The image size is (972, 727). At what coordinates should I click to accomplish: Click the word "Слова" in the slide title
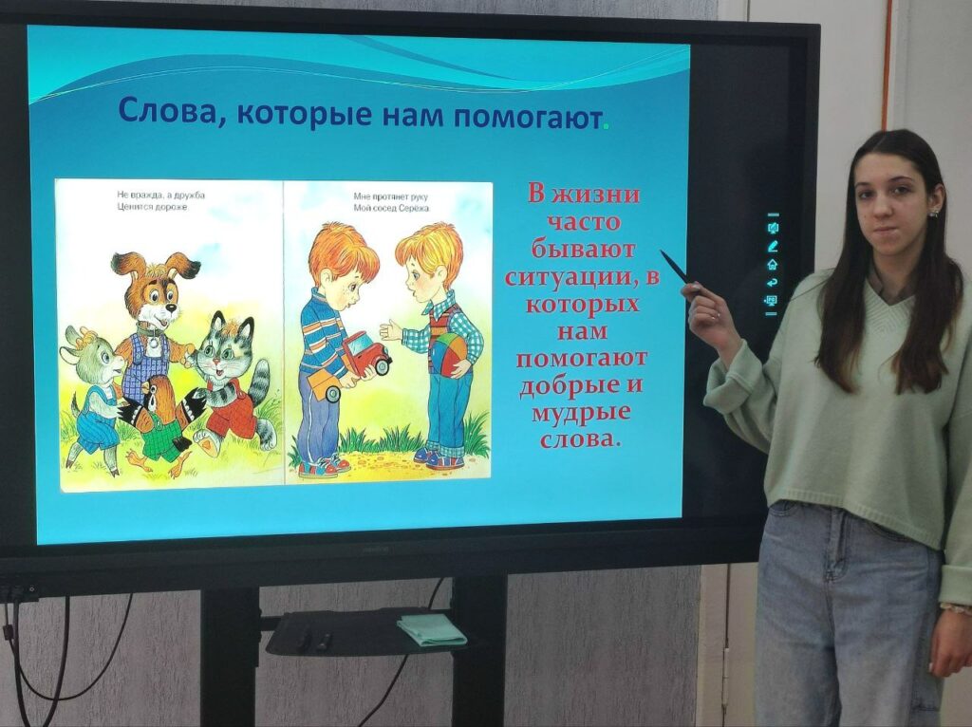(x=163, y=112)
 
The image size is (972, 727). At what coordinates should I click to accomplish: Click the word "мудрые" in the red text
(x=581, y=414)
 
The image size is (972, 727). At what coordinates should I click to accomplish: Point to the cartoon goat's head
(x=94, y=355)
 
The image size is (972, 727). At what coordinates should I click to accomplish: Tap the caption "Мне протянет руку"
(x=390, y=196)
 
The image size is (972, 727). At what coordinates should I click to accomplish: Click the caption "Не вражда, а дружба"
(x=161, y=196)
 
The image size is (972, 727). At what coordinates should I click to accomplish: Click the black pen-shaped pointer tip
(x=662, y=252)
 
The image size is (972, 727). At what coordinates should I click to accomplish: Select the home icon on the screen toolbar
(x=773, y=264)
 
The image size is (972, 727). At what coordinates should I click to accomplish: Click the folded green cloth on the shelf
(x=431, y=628)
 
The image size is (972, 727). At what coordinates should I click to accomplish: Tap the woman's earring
(x=933, y=214)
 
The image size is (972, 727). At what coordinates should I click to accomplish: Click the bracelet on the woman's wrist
(x=955, y=608)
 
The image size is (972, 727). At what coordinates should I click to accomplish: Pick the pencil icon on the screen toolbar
(x=773, y=246)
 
